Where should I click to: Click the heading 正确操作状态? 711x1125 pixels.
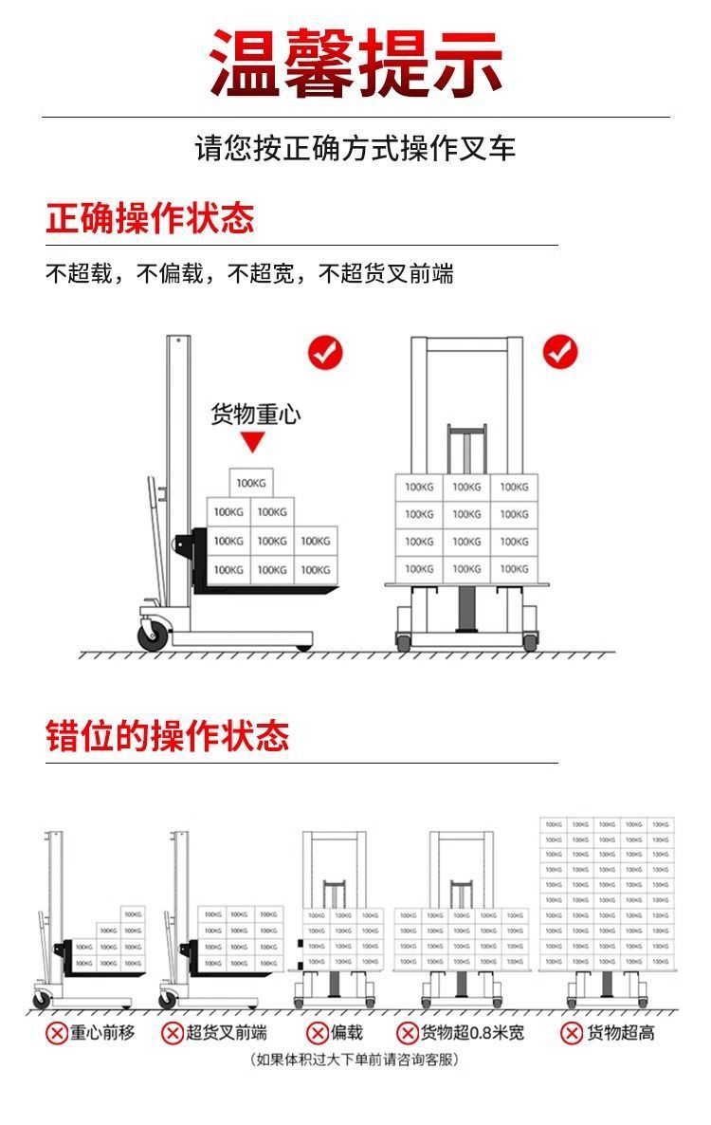(x=151, y=218)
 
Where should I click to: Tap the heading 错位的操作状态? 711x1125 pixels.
(x=168, y=736)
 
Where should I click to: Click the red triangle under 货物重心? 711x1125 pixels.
(x=251, y=442)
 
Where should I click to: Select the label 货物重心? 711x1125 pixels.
(x=255, y=415)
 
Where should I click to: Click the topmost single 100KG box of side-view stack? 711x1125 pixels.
(x=251, y=483)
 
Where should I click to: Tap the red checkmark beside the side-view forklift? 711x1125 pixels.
(x=325, y=353)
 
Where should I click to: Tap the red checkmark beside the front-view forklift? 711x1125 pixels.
(x=559, y=353)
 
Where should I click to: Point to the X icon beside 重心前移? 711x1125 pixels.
(x=58, y=1033)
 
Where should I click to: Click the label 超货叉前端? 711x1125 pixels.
(x=227, y=1033)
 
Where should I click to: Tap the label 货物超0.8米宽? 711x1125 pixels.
(x=472, y=1033)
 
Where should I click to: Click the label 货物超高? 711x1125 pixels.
(x=621, y=1033)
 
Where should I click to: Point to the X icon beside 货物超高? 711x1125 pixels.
(x=572, y=1033)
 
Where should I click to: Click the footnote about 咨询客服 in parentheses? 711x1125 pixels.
(x=355, y=1060)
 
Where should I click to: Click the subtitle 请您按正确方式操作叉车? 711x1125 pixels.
(x=355, y=149)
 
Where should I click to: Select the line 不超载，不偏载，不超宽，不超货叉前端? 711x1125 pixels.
(x=250, y=274)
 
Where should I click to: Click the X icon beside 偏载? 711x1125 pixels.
(x=317, y=1033)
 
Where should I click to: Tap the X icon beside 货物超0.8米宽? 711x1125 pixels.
(x=408, y=1033)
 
